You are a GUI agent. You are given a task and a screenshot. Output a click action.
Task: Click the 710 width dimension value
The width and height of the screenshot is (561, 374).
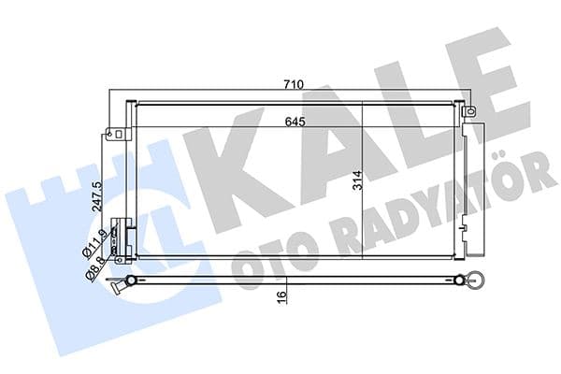coord(294,85)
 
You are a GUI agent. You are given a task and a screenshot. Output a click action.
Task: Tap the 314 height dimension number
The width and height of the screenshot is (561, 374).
coord(356,180)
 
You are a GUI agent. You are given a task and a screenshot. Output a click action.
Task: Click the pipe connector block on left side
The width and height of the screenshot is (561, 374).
coord(118,237)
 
